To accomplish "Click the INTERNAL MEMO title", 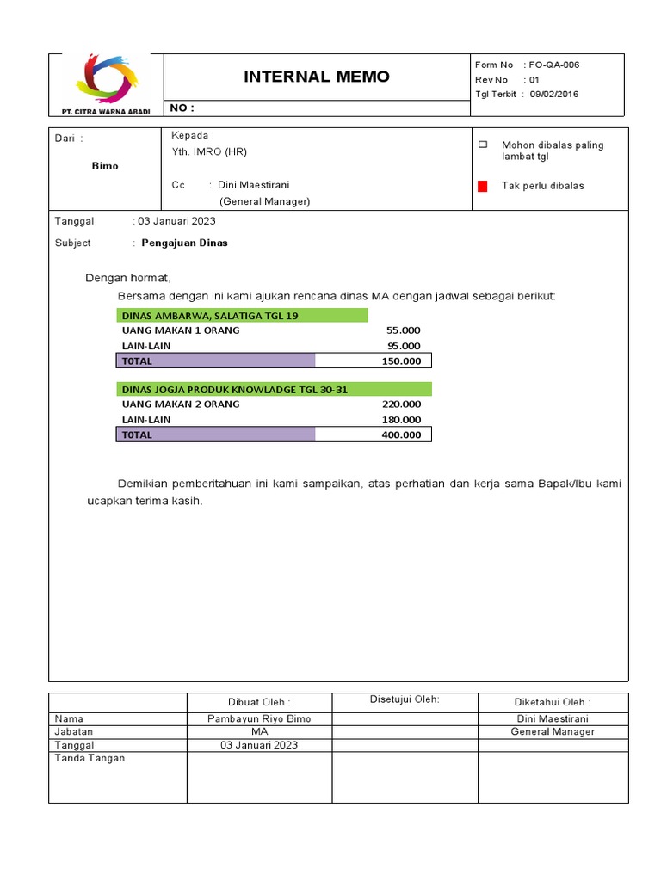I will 316,77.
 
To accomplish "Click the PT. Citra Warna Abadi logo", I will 106,79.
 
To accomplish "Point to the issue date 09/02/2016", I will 554,94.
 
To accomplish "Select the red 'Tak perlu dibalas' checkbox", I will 483,186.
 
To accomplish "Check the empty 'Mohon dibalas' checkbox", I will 483,145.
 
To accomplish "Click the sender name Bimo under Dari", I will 105,165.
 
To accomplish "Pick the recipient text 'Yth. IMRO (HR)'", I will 209,151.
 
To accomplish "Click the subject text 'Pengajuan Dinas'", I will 184,243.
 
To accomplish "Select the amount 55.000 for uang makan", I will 404,330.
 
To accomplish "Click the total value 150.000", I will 401,361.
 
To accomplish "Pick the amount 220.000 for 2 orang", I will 401,404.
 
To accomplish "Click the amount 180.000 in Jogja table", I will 401,420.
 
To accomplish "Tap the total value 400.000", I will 401,434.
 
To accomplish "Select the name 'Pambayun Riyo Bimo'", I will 259,718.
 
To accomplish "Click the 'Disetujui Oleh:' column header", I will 405,699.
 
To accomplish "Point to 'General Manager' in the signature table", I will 553,731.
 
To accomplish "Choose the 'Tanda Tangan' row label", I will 90,758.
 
